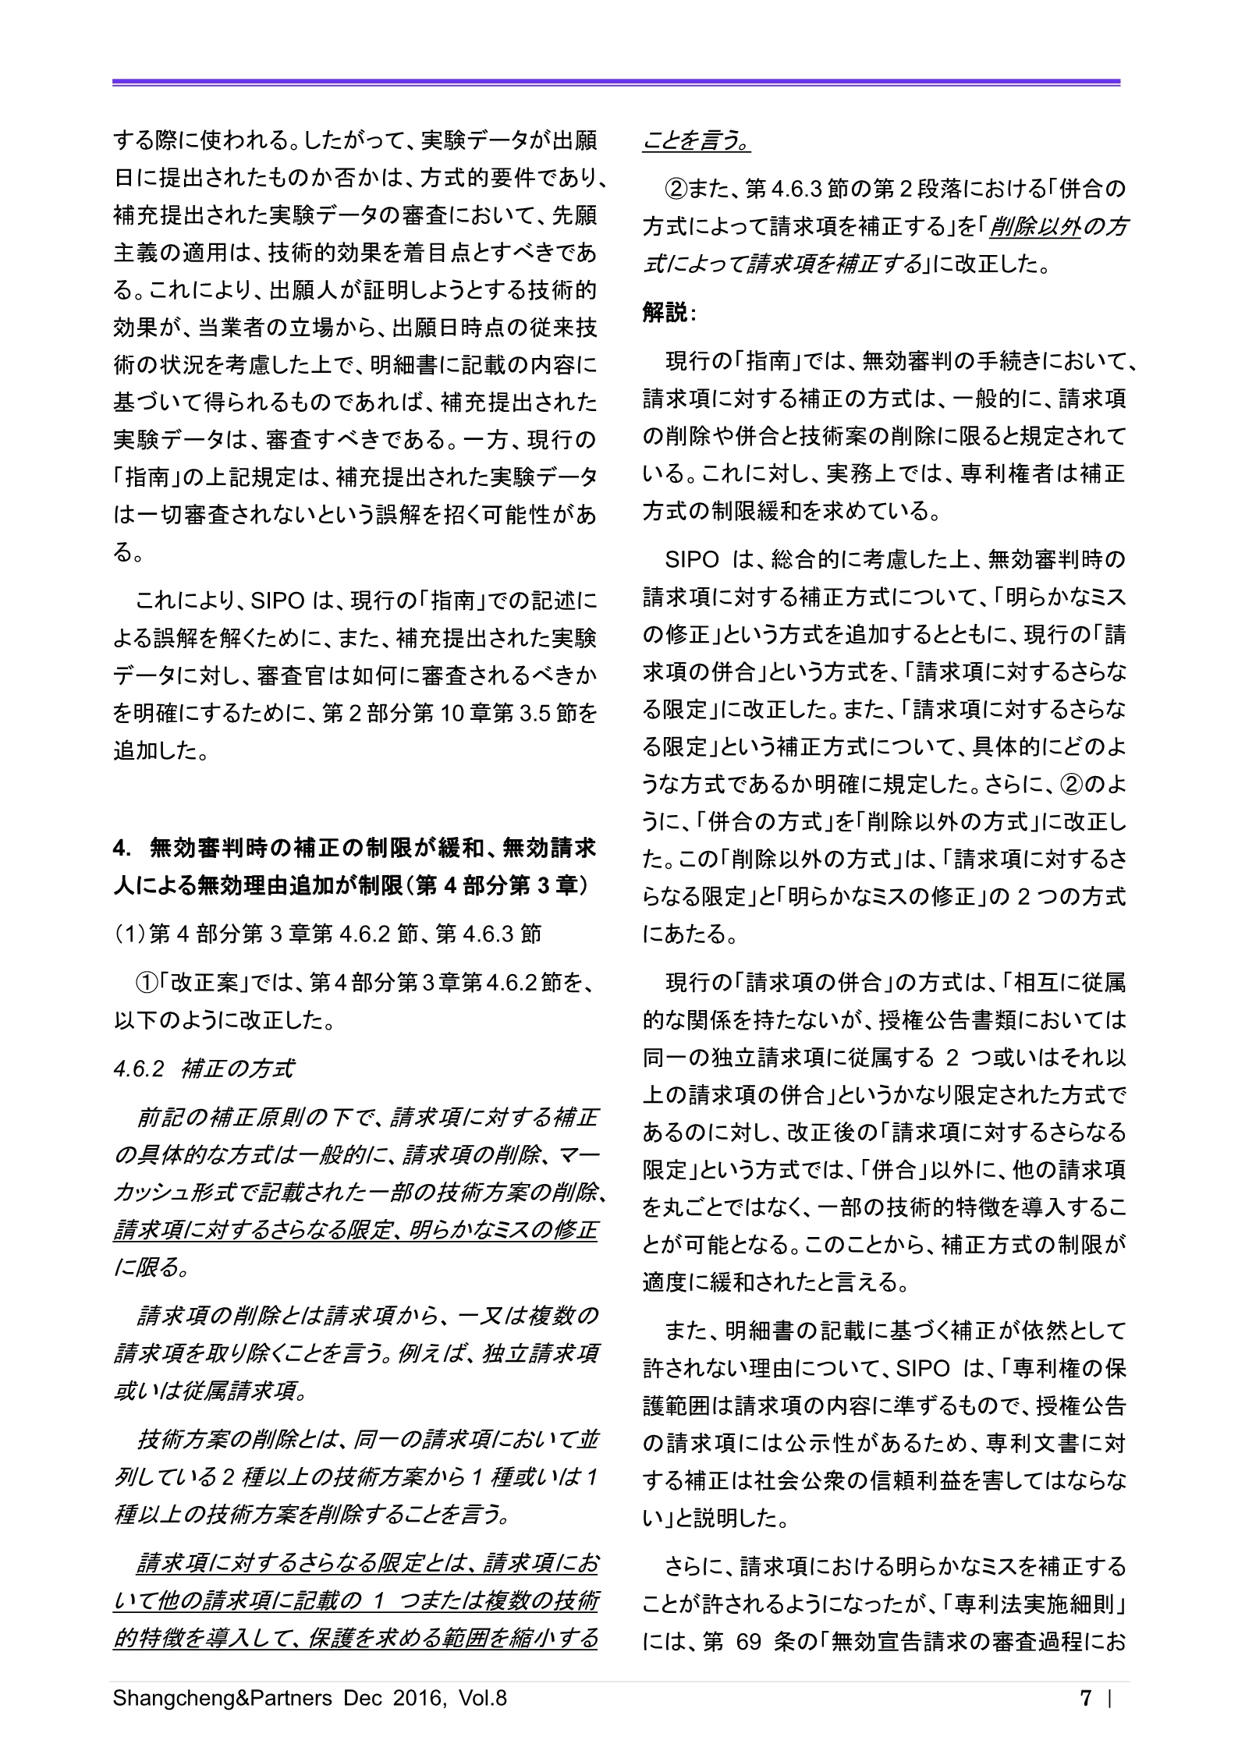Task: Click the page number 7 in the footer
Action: [1085, 1698]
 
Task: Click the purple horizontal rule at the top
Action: [616, 82]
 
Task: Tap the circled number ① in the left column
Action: [148, 984]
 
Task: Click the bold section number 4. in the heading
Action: [121, 846]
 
